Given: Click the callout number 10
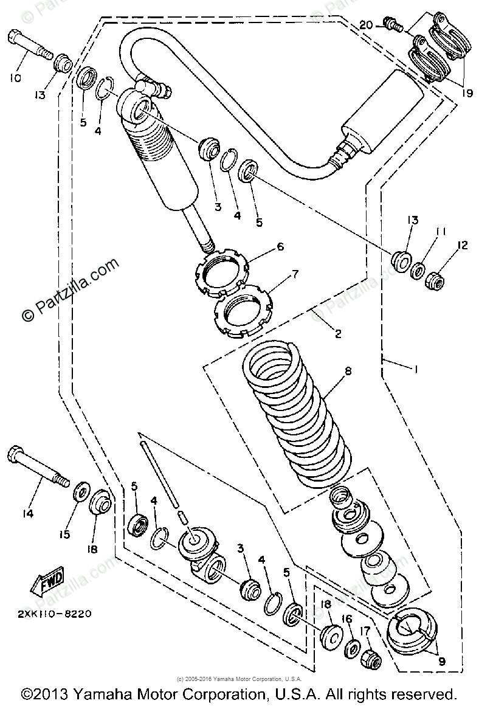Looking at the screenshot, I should [x=15, y=78].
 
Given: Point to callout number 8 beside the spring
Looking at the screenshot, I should [x=348, y=370].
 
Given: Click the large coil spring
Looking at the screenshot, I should [x=298, y=414].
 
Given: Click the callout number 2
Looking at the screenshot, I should [x=338, y=334].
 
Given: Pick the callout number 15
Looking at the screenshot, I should [x=64, y=535].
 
